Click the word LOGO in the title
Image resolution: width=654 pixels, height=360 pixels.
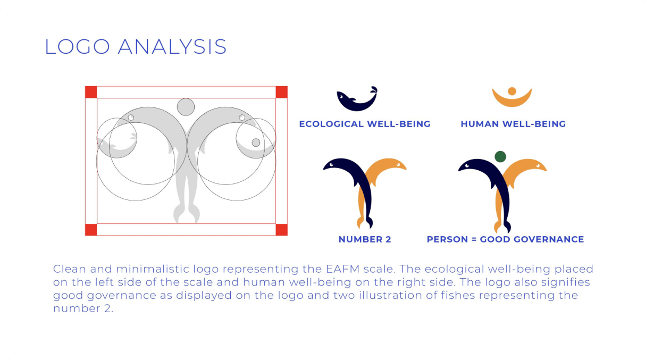point(78,47)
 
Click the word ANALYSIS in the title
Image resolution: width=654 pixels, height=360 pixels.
point(172,47)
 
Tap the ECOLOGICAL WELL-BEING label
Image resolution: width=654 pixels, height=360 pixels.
point(365,124)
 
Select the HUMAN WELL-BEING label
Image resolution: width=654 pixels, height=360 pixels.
point(513,124)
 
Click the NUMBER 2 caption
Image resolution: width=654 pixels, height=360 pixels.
point(365,239)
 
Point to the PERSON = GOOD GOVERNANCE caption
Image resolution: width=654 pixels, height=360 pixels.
point(506,239)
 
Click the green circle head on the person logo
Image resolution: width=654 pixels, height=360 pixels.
point(500,156)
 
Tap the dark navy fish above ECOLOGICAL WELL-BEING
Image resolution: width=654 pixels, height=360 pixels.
point(357,99)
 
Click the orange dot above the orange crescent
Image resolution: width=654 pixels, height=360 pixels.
point(512,91)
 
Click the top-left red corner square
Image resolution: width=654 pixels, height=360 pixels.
point(91,93)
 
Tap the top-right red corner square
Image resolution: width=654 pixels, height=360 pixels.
point(281,93)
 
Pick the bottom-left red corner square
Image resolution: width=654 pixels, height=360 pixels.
point(91,230)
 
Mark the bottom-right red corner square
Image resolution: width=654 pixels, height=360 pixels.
point(281,230)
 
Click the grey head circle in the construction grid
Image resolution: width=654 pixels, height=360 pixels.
point(186,107)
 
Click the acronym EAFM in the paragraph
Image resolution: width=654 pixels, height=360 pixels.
point(342,269)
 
